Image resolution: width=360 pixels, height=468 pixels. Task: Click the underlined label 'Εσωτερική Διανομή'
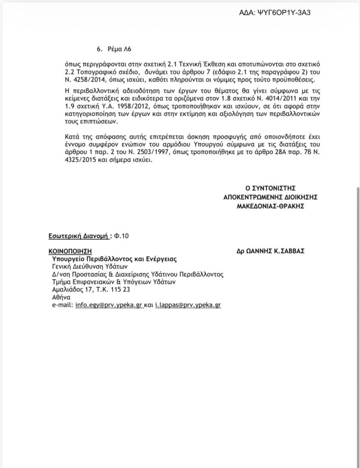78,236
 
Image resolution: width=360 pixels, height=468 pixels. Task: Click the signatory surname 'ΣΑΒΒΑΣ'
290,252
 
